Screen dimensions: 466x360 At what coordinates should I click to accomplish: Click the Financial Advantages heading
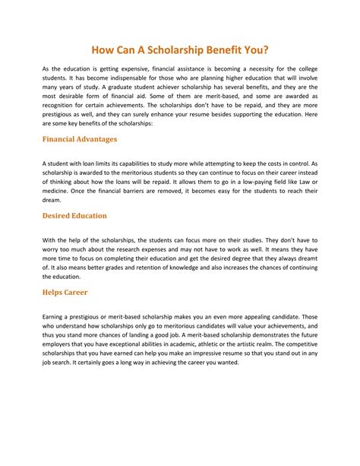[80, 140]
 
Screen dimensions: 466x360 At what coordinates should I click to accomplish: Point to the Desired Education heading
[74, 216]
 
